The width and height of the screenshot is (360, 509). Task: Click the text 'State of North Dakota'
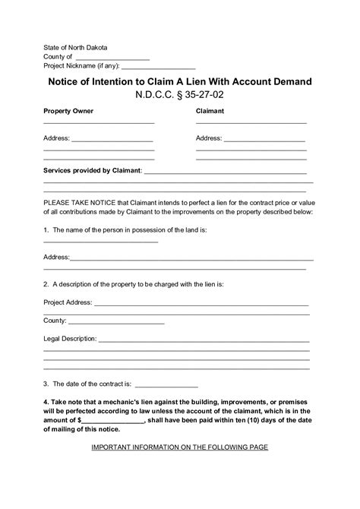pyautogui.click(x=75, y=46)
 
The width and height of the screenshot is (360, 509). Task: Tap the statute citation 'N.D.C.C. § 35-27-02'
pyautogui.click(x=180, y=96)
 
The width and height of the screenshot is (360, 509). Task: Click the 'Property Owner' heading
pyautogui.click(x=68, y=111)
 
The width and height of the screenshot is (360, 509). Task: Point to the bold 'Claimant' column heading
pyautogui.click(x=210, y=111)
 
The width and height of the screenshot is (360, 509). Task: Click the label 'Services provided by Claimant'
pyautogui.click(x=92, y=170)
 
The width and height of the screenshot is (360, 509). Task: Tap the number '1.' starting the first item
pyautogui.click(x=46, y=229)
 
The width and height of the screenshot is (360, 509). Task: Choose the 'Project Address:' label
pyautogui.click(x=68, y=302)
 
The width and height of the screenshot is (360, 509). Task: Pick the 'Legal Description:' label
pyautogui.click(x=70, y=338)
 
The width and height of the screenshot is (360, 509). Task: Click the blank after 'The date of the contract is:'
pyautogui.click(x=166, y=384)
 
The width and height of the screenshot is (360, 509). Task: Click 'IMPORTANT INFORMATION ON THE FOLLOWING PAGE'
pyautogui.click(x=180, y=447)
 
